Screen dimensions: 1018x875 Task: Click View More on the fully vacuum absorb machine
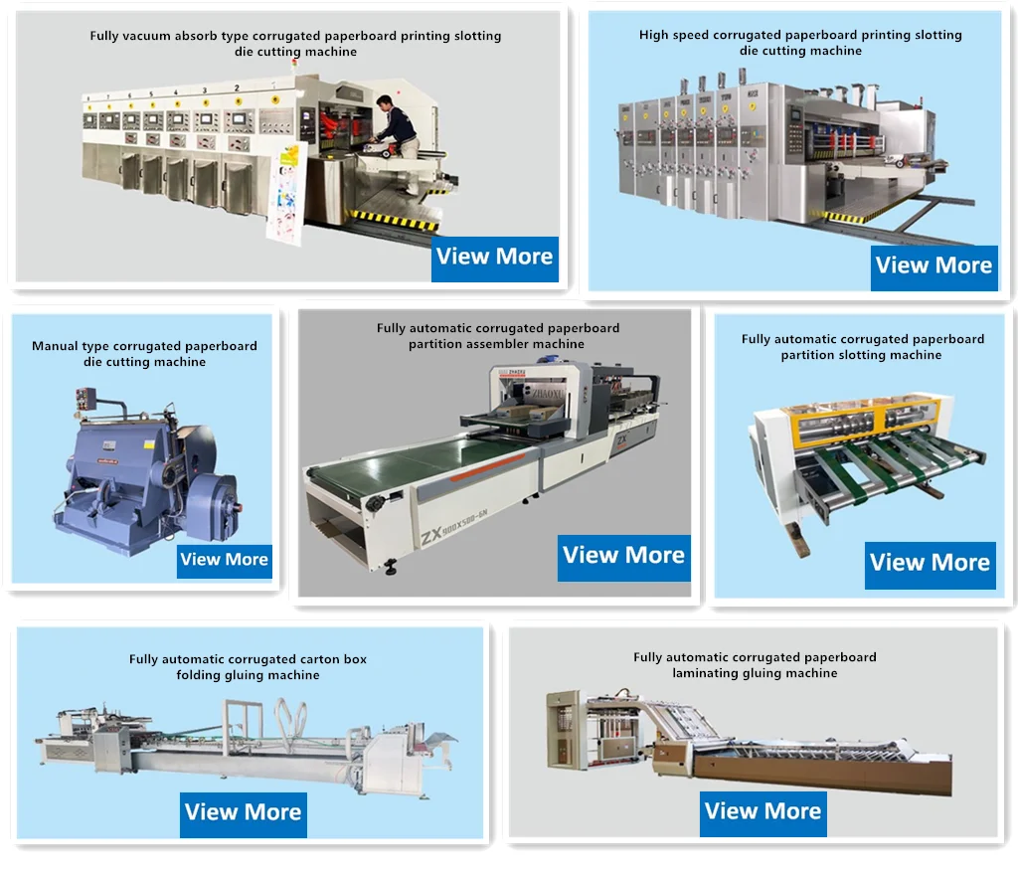[494, 257]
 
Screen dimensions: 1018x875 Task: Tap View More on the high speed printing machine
[933, 265]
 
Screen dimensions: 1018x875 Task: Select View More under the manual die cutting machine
[224, 560]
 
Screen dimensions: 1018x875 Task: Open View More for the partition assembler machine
[623, 556]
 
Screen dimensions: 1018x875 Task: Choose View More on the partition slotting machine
[930, 563]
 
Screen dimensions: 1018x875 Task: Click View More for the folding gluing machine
[243, 812]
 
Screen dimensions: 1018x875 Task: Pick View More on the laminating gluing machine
[763, 811]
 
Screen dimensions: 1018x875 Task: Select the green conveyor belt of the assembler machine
[418, 467]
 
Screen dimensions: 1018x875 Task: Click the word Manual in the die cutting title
[55, 347]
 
